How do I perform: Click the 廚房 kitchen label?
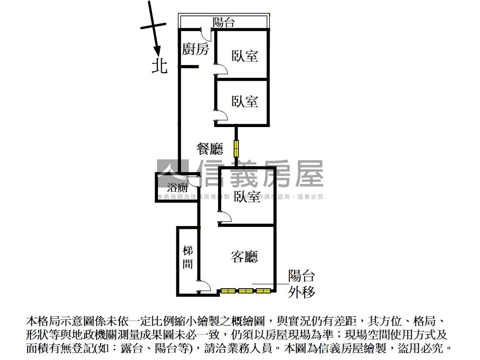click(x=195, y=49)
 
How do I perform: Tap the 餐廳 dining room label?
click(x=210, y=149)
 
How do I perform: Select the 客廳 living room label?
click(x=245, y=256)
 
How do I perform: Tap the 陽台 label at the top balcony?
click(x=224, y=22)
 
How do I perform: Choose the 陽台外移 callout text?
click(x=301, y=284)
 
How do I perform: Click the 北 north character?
click(x=159, y=66)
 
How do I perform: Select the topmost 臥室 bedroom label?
click(x=245, y=56)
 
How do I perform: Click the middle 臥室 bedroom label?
click(x=245, y=101)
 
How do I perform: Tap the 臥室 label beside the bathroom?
click(x=247, y=197)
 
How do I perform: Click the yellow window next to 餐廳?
click(x=237, y=149)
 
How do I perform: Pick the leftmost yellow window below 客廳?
click(x=228, y=291)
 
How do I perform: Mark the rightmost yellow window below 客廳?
click(x=262, y=291)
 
